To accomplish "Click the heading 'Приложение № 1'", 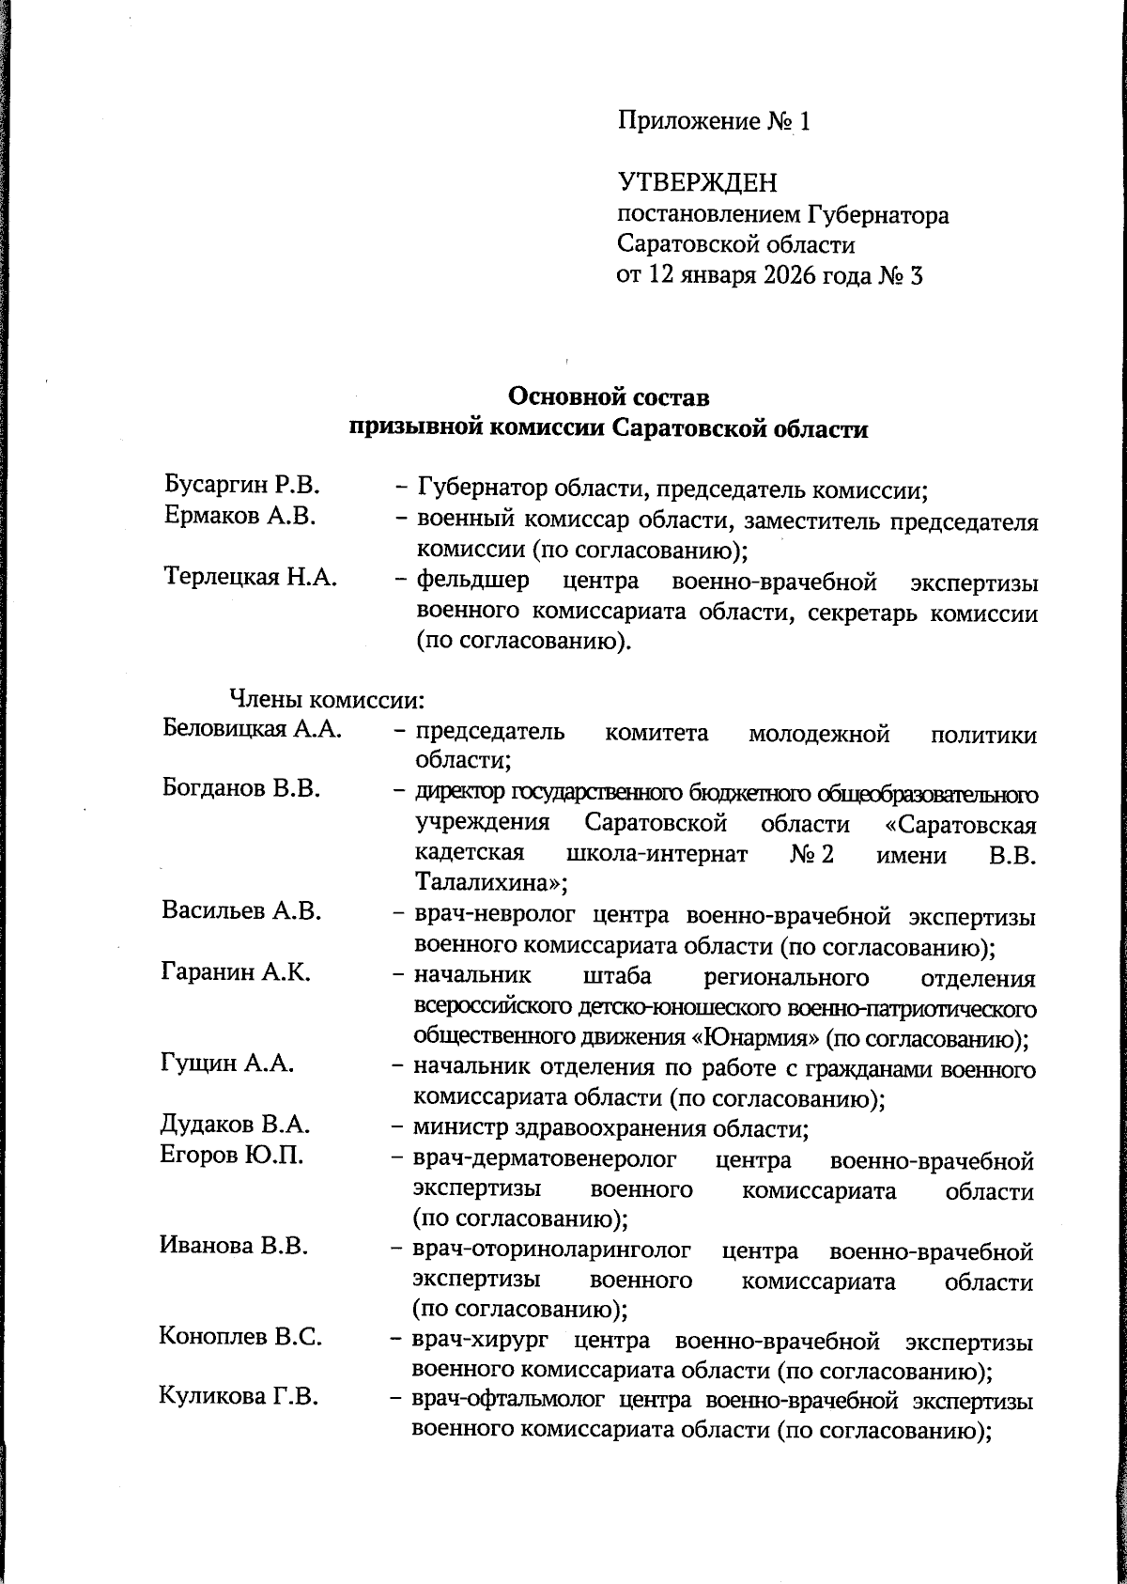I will point(713,121).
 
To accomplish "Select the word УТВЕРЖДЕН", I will point(698,182).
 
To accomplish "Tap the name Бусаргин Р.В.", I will point(242,486).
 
